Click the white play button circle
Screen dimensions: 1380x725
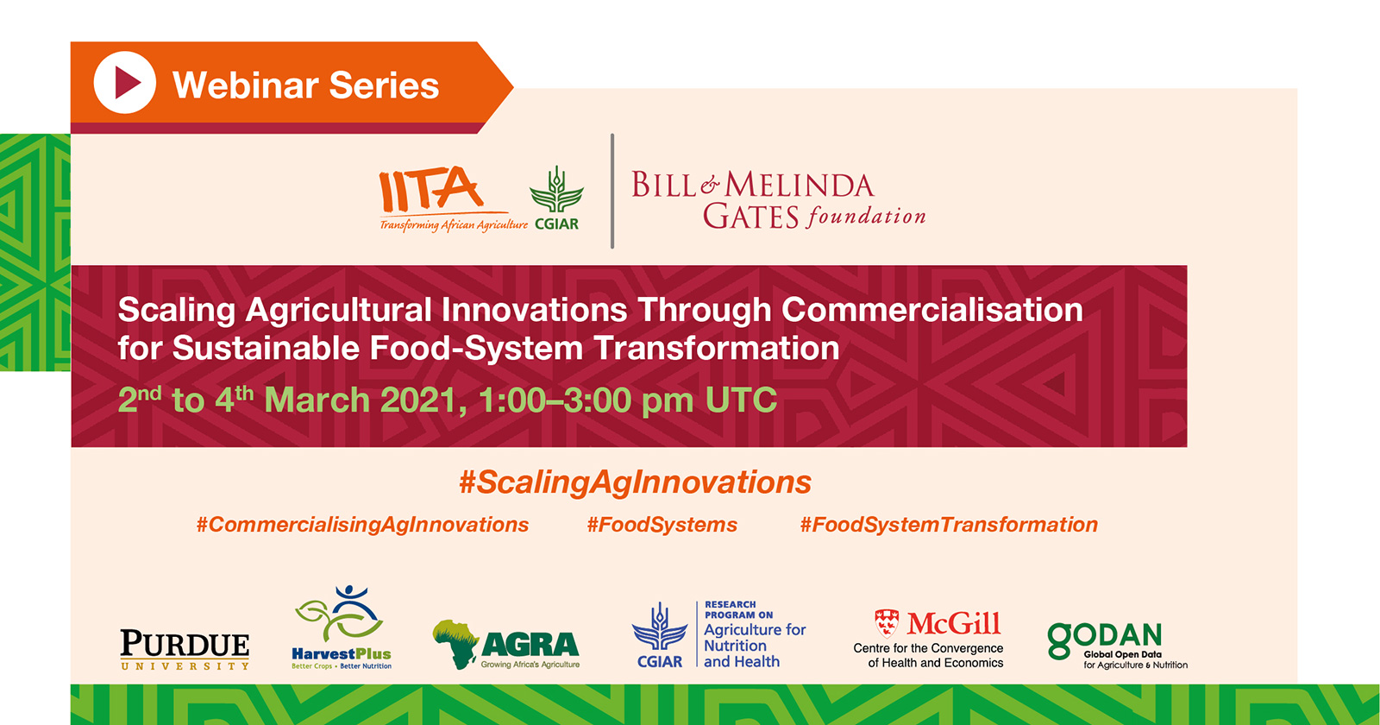pyautogui.click(x=124, y=83)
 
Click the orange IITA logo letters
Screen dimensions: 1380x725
pyautogui.click(x=430, y=189)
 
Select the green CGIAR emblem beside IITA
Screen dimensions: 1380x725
pyautogui.click(x=556, y=190)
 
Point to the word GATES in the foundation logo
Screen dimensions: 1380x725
pyautogui.click(x=751, y=217)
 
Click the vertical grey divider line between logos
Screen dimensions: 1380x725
pyautogui.click(x=612, y=191)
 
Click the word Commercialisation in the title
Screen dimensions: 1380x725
pyautogui.click(x=932, y=310)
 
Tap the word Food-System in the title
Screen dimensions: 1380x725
pyautogui.click(x=475, y=349)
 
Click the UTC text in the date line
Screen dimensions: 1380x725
pyautogui.click(x=741, y=400)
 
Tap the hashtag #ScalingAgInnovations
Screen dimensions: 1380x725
pyautogui.click(x=635, y=482)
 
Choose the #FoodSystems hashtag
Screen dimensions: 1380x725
pyautogui.click(x=662, y=525)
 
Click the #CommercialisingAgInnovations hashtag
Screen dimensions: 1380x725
pyautogui.click(x=362, y=525)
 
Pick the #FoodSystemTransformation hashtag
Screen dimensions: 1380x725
pyautogui.click(x=949, y=525)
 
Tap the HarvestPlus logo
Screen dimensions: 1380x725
pyautogui.click(x=342, y=627)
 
